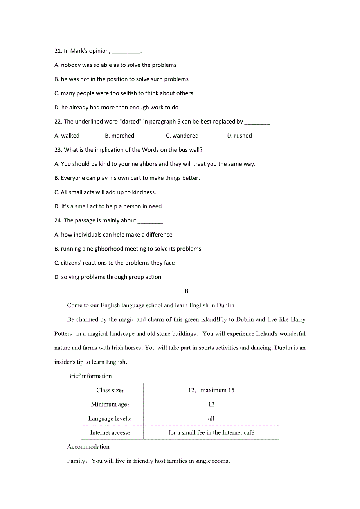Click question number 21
(58, 51)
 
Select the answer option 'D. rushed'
(239, 136)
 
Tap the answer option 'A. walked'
(67, 136)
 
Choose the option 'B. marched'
(120, 136)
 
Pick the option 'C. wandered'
(182, 136)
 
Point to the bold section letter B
(186, 291)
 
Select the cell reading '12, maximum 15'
(211, 390)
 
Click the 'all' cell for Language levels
(211, 418)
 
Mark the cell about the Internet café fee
(211, 432)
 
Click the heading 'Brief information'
(89, 376)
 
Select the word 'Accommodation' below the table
(88, 447)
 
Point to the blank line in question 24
(150, 221)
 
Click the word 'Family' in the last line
(76, 461)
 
